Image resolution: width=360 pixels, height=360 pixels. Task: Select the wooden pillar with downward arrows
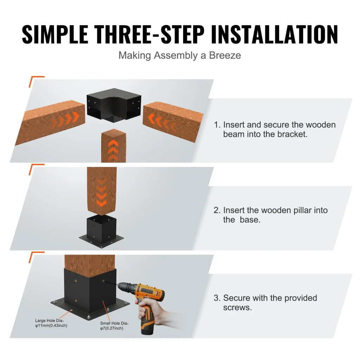102,190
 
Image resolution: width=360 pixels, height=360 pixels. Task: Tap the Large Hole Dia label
51,323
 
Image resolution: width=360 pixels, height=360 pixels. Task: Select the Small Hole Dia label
114,326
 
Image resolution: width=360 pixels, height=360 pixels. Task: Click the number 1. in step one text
217,125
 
